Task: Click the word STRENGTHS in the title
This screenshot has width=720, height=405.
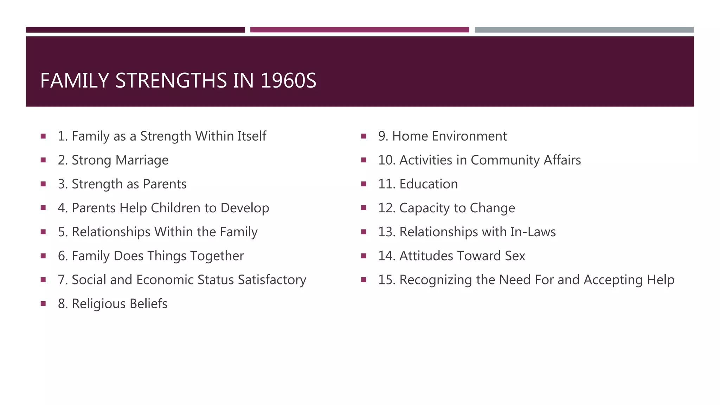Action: click(x=171, y=81)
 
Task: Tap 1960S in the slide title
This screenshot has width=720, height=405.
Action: click(x=288, y=81)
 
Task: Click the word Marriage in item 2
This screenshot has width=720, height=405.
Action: click(x=142, y=160)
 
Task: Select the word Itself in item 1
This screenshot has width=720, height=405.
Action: click(x=251, y=136)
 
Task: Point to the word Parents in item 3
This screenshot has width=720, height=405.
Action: click(x=165, y=184)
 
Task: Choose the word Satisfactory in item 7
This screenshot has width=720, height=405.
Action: click(x=272, y=280)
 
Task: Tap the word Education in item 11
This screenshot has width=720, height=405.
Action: click(x=429, y=184)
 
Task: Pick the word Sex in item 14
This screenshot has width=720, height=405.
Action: click(x=515, y=256)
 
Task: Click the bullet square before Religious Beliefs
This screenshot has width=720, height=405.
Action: click(x=43, y=303)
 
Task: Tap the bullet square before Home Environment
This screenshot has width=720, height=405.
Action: click(x=364, y=136)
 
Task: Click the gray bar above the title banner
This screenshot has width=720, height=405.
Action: click(x=584, y=30)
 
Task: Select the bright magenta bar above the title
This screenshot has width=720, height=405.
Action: click(x=359, y=30)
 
